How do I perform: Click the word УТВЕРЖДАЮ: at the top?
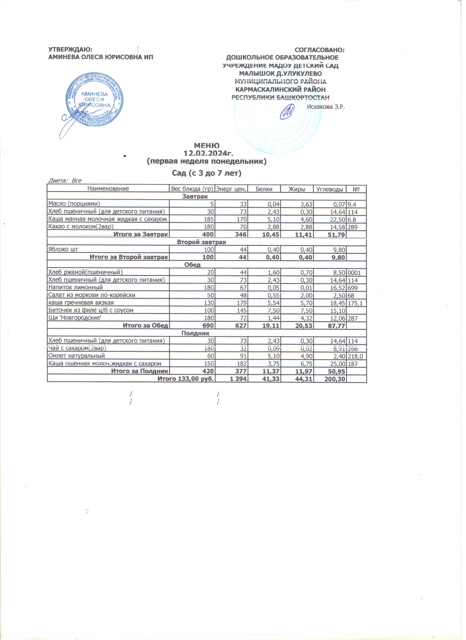71,50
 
